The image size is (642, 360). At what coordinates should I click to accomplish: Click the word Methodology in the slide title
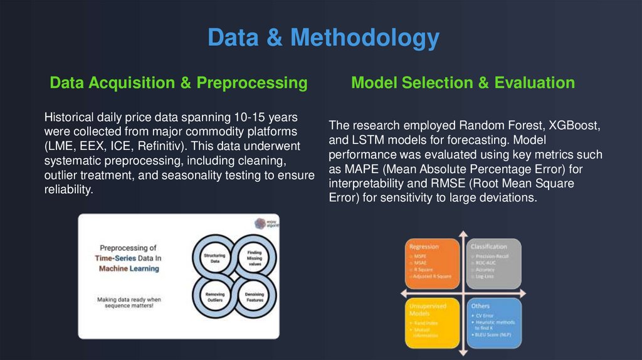[x=364, y=38]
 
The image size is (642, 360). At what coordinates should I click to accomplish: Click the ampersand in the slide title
[x=273, y=38]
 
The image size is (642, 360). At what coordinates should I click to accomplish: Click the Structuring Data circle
[x=215, y=257]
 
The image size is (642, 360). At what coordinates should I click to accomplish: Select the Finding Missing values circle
[x=254, y=257]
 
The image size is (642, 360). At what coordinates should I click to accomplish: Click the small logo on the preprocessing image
[x=260, y=224]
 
